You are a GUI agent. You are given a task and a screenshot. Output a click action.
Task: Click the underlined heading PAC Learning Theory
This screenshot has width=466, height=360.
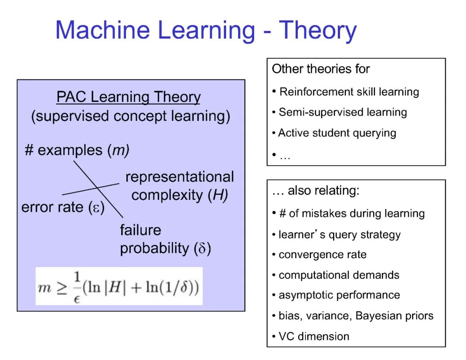tap(128, 97)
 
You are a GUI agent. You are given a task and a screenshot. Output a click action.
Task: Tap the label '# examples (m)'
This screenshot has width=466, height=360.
tap(77, 150)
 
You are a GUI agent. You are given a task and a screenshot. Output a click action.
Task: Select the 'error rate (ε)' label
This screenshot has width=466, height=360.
tap(63, 207)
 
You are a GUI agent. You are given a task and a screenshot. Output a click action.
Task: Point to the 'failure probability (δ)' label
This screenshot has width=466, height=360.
tap(165, 240)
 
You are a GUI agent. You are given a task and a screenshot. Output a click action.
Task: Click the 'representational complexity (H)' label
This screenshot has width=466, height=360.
tap(179, 186)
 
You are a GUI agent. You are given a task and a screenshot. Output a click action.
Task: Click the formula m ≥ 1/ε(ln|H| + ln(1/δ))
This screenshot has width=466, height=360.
tap(119, 286)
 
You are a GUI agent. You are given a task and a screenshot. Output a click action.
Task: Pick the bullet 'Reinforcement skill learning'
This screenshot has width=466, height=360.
tap(349, 92)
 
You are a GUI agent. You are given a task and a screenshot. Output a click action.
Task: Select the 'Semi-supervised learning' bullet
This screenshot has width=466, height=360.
tap(343, 112)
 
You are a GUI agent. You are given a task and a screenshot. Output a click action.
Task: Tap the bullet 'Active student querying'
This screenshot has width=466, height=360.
tap(337, 133)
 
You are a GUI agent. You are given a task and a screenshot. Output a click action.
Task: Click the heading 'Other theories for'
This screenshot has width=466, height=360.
tap(321, 69)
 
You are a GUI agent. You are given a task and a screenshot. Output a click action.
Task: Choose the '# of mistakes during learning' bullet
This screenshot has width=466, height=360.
tap(352, 213)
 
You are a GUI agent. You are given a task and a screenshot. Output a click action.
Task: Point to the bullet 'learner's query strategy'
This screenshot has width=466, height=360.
tap(339, 234)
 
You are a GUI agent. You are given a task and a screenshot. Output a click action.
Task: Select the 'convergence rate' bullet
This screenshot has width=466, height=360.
tap(322, 255)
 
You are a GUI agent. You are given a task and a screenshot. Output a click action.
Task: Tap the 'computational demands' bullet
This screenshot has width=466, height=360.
tap(339, 275)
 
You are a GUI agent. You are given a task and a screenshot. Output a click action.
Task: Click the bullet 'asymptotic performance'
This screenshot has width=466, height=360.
tap(339, 295)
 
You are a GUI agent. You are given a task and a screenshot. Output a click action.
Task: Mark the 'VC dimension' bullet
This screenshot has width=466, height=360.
tap(314, 336)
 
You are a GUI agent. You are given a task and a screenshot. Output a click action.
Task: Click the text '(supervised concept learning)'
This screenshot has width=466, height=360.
tap(130, 117)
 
